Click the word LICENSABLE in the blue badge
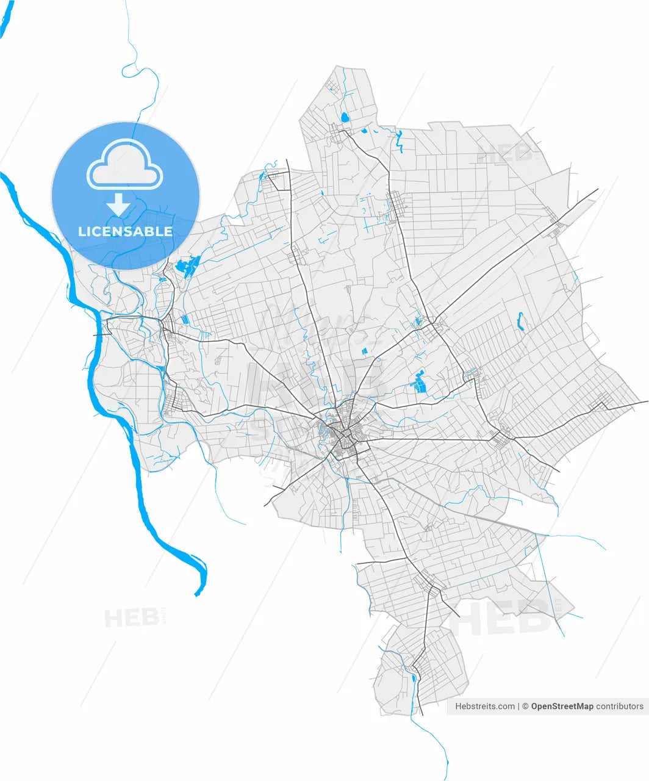coord(125,232)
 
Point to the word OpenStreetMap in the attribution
coord(562,707)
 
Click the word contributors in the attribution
coord(620,707)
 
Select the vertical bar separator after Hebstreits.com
coord(519,707)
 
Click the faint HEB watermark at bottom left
coord(131,618)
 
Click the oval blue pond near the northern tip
coord(345,117)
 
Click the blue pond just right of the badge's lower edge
coord(187,267)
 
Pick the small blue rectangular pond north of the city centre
coord(365,351)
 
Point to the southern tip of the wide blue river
coord(197,593)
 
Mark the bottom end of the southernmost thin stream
coord(447,777)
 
